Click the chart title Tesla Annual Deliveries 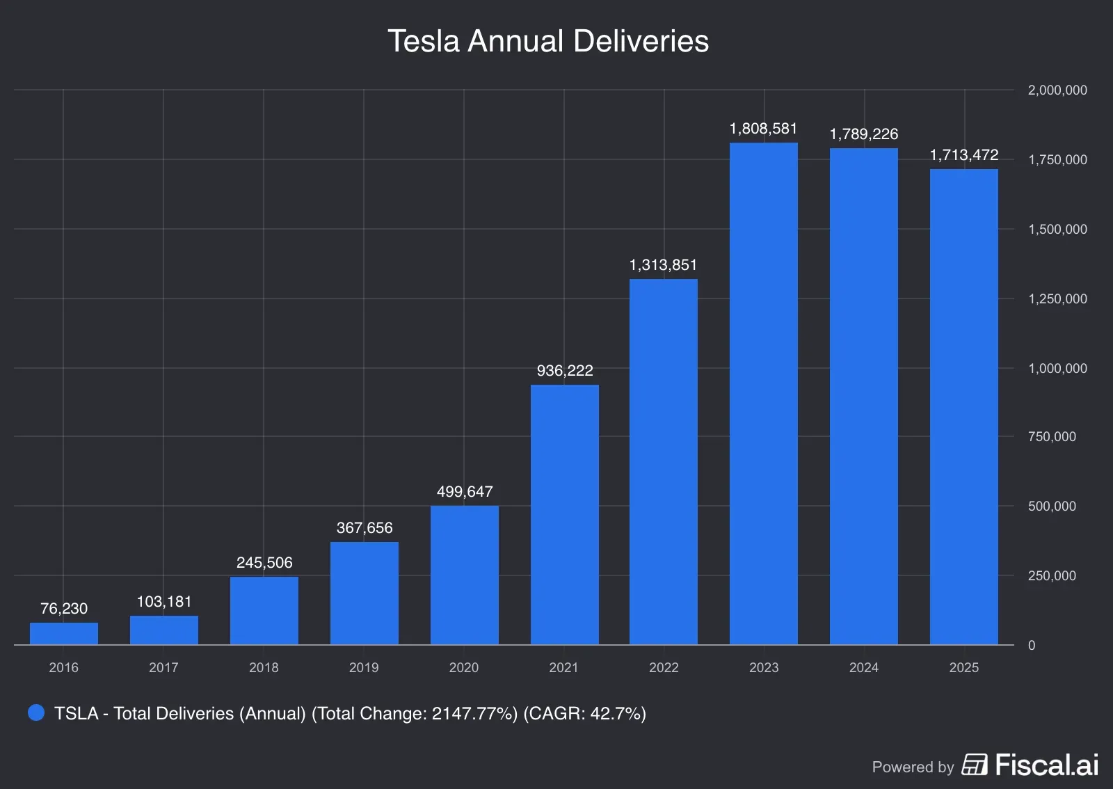[548, 41]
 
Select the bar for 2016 [64, 634]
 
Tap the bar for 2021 [564, 515]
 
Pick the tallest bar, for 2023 [764, 394]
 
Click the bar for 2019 [364, 593]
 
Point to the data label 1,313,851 [663, 265]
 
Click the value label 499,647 [465, 492]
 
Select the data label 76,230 [64, 609]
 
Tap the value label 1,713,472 [963, 155]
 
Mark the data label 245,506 [264, 563]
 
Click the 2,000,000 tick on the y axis [1057, 90]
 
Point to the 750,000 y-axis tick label [1051, 437]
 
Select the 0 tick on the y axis [1032, 646]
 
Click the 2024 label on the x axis [863, 668]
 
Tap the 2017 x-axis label [163, 668]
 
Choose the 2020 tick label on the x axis [463, 668]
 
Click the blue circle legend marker [36, 713]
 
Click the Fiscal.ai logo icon [974, 765]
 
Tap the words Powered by [913, 767]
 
